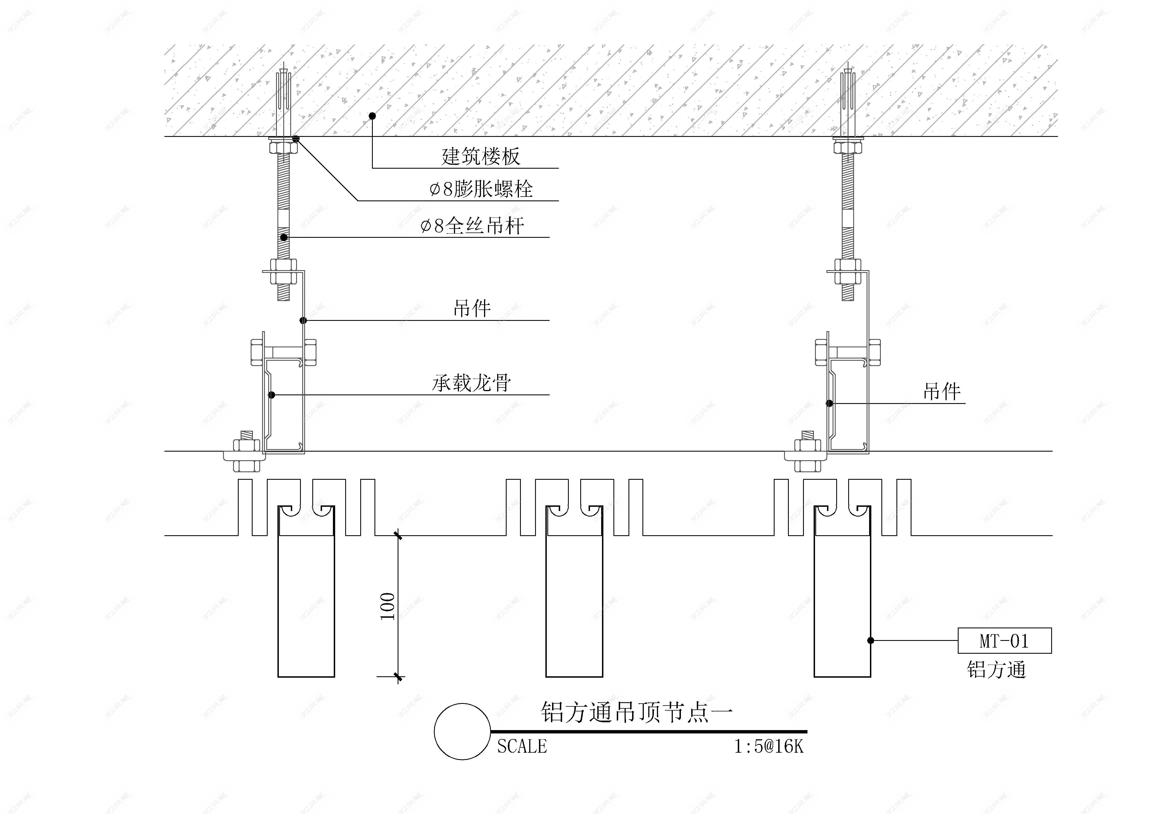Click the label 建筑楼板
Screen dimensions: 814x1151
coord(480,156)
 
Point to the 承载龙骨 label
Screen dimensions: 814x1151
coord(471,383)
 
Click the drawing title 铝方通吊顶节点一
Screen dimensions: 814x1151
coord(637,712)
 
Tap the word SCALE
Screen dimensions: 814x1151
coord(522,747)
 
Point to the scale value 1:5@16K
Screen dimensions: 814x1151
coord(768,747)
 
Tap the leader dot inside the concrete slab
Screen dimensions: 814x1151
coord(372,116)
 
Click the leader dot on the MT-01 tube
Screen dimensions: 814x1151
coord(871,640)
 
